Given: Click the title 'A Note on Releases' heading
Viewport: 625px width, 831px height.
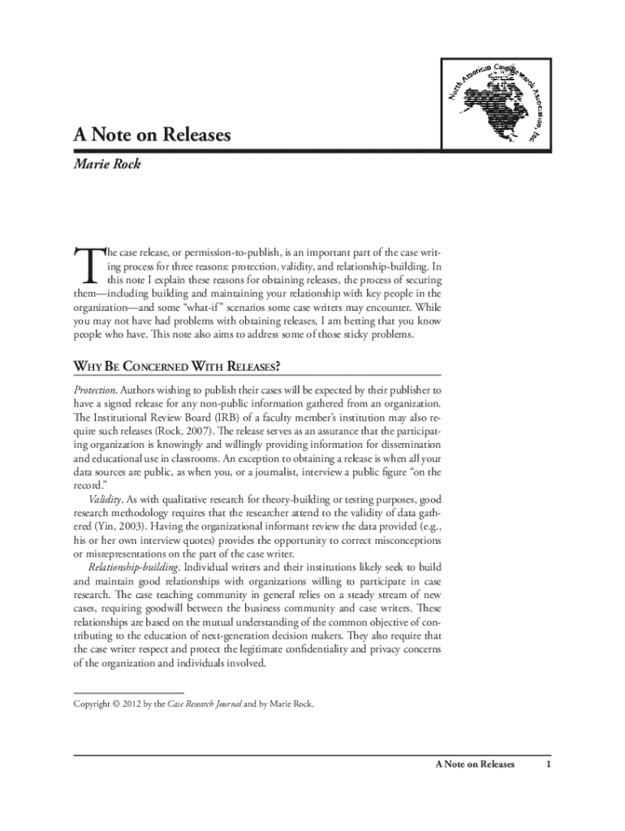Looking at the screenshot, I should click(152, 135).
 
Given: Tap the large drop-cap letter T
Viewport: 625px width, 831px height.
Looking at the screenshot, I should click(84, 265).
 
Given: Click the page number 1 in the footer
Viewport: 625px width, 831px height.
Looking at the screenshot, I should click(549, 764).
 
